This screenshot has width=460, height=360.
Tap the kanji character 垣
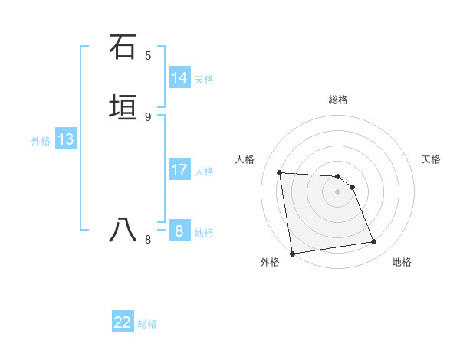pos(123,107)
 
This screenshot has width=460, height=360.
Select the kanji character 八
pos(123,230)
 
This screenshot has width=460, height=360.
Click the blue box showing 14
pos(179,78)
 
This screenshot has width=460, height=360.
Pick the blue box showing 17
pos(179,170)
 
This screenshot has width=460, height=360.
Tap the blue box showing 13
pos(66,140)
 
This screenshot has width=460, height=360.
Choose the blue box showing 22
pos(123,322)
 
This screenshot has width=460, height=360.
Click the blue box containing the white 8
pos(179,231)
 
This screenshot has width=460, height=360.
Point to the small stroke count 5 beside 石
pos(148,56)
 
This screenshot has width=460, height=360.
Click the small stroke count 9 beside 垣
pos(148,117)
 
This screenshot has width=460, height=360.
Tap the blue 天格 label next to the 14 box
pos(204,80)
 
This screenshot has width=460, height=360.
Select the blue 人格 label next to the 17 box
pos(204,172)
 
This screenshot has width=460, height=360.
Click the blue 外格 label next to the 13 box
pos(41,141)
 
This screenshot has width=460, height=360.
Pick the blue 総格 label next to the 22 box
pos(147,324)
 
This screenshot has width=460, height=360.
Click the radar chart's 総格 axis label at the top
pos(338,100)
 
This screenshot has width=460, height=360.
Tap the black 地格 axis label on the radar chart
pos(402,262)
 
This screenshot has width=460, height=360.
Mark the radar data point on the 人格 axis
pos(280,172)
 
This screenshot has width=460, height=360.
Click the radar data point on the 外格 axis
pos(292,253)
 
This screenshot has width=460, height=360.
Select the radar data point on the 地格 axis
pos(374,242)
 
